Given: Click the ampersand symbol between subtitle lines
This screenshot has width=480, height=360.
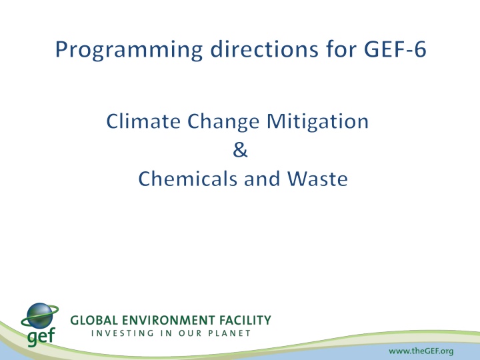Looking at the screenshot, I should (x=241, y=151).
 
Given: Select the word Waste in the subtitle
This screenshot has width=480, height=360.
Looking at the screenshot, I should (x=318, y=180).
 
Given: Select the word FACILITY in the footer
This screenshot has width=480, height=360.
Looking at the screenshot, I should (x=243, y=321).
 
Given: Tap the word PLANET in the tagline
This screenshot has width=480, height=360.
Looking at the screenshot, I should (x=228, y=333).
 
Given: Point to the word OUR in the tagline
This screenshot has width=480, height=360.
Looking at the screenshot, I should (x=186, y=333).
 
